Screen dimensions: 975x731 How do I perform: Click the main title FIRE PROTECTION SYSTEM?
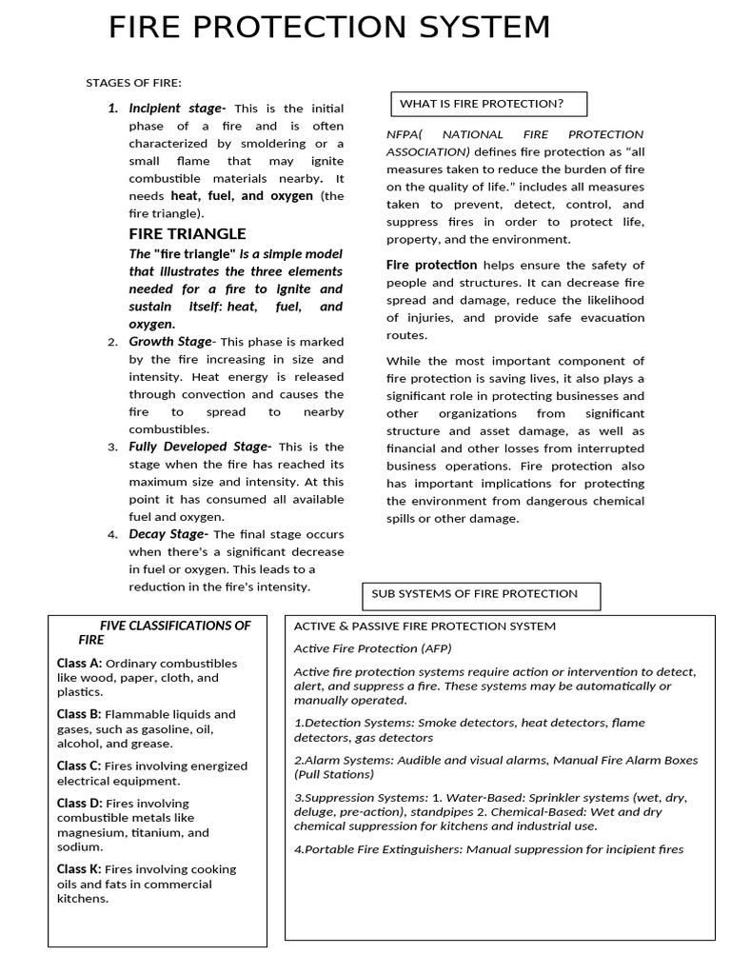click(x=329, y=28)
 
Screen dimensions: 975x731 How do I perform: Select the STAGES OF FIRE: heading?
click(x=133, y=83)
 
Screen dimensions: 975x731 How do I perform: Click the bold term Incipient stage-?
click(x=177, y=109)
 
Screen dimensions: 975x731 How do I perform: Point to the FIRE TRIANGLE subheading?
click(x=188, y=234)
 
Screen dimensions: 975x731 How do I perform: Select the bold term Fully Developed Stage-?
click(x=200, y=447)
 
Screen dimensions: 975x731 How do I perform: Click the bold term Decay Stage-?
click(x=168, y=534)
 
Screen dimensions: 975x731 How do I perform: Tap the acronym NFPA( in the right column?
click(x=405, y=134)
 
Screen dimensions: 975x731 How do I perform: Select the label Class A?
click(x=79, y=663)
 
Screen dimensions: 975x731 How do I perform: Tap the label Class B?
click(x=79, y=714)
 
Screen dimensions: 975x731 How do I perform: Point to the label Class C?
click(x=79, y=766)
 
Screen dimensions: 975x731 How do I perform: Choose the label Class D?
click(x=79, y=803)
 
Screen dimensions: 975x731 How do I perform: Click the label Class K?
click(x=79, y=868)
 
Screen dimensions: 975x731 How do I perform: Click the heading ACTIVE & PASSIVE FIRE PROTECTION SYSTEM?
click(x=425, y=627)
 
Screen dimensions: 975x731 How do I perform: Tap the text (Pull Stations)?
click(x=333, y=774)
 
